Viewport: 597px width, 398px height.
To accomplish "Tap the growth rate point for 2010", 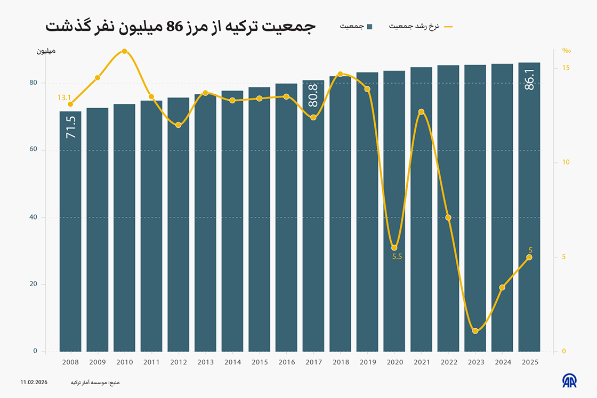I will [x=124, y=51].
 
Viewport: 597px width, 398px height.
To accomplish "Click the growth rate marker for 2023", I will [x=475, y=331].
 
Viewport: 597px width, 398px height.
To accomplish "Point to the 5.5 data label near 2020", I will [x=397, y=257].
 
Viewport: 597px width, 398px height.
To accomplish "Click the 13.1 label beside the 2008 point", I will [x=64, y=98].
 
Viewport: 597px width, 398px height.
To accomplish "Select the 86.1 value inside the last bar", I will [x=529, y=78].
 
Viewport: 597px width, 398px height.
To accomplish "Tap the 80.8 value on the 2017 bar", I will [x=313, y=95].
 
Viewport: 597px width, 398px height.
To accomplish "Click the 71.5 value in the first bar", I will [x=71, y=128].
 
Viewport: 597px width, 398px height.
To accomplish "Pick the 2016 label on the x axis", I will [x=286, y=362].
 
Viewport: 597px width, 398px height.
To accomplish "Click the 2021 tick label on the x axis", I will [x=421, y=362].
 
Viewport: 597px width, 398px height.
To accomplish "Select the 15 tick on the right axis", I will [x=566, y=68].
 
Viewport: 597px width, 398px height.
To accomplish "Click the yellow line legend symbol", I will [x=448, y=26].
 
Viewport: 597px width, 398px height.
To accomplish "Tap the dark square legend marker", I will [x=369, y=26].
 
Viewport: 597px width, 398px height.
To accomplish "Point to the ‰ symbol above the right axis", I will [x=566, y=51].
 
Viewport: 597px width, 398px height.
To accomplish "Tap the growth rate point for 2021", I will [x=421, y=112].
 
